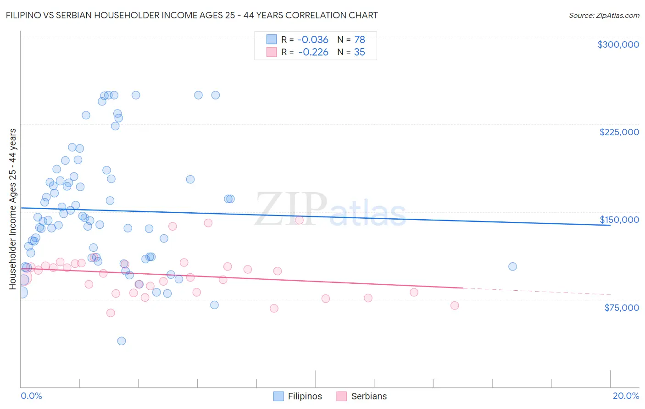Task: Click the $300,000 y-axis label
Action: pos(618,44)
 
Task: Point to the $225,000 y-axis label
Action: pos(619,132)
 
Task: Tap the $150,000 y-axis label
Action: pos(619,220)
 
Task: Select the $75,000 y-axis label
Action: pos(622,308)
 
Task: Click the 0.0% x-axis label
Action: pos(32,396)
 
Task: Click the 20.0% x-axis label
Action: pos(626,396)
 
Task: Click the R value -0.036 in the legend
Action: pos(313,40)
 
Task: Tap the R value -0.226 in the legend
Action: pos(313,52)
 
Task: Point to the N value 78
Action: pos(359,40)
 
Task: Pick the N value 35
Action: pos(359,52)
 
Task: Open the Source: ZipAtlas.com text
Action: pos(604,16)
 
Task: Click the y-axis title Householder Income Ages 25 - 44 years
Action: pos(13,209)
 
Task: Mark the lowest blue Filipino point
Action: pos(122,341)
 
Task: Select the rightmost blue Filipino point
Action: pos(512,266)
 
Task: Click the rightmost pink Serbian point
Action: pos(455,305)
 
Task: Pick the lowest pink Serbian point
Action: pos(111,313)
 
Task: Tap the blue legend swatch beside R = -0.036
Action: pos(272,40)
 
